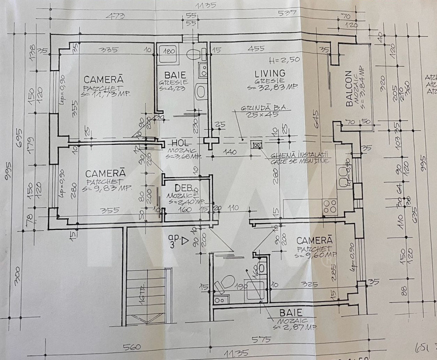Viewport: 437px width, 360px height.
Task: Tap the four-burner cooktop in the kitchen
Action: point(330,206)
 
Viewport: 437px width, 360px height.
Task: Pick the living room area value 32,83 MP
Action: point(272,87)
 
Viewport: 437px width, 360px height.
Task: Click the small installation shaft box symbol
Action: point(257,145)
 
